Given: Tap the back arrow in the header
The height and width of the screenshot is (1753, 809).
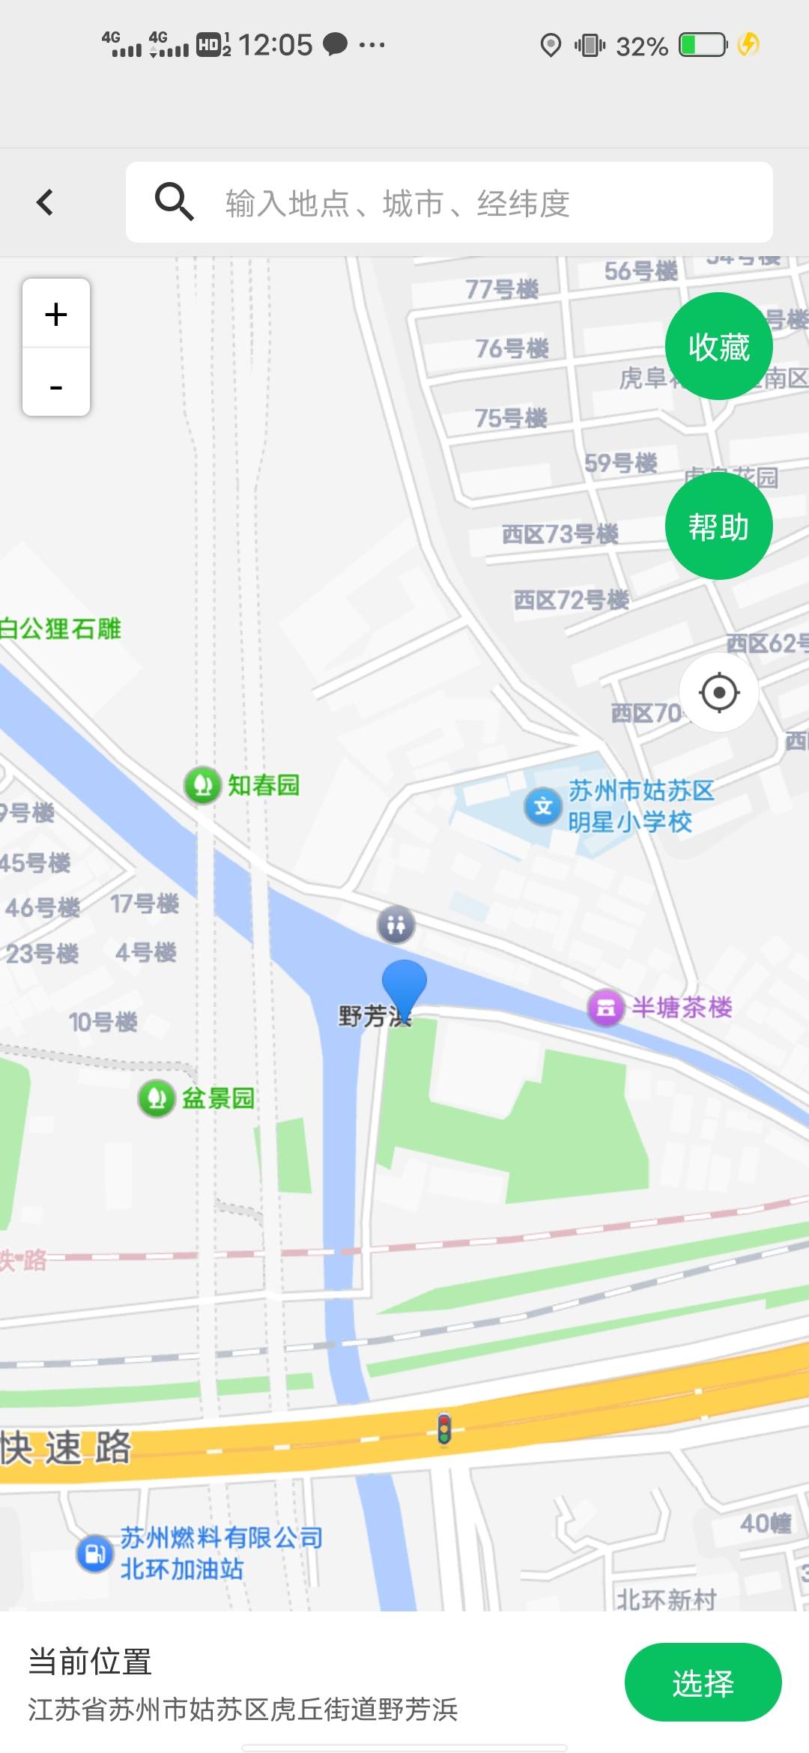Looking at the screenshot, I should click(x=45, y=202).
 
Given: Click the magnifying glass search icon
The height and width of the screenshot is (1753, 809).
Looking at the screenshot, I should click(x=174, y=202).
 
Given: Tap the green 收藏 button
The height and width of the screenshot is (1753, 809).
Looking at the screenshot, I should click(x=718, y=347).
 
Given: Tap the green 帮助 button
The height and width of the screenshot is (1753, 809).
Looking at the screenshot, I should click(x=718, y=527).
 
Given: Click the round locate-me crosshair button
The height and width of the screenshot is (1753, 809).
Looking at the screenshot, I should click(x=719, y=692).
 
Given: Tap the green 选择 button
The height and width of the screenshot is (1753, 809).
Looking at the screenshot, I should click(x=703, y=1683).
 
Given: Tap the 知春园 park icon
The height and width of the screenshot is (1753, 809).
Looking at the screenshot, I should click(x=202, y=785).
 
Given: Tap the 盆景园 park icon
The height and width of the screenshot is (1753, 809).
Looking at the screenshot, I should click(x=157, y=1098).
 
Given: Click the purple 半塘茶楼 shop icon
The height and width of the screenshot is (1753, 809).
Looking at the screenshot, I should click(x=606, y=1008).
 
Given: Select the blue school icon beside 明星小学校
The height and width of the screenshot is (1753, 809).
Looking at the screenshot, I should click(x=543, y=806).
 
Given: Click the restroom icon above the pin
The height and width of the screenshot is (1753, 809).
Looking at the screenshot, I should click(x=396, y=924).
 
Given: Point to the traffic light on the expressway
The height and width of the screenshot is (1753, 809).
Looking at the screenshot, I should click(x=444, y=1429).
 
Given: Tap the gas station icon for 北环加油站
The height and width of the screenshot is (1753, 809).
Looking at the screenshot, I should click(x=94, y=1553).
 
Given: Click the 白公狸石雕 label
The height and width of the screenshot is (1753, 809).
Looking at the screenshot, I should click(x=60, y=629).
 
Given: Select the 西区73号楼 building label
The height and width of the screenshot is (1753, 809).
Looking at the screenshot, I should click(x=560, y=534).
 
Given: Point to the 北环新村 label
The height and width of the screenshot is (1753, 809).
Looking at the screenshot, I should click(x=666, y=1599).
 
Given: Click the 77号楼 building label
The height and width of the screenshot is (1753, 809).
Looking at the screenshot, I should click(x=502, y=288).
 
